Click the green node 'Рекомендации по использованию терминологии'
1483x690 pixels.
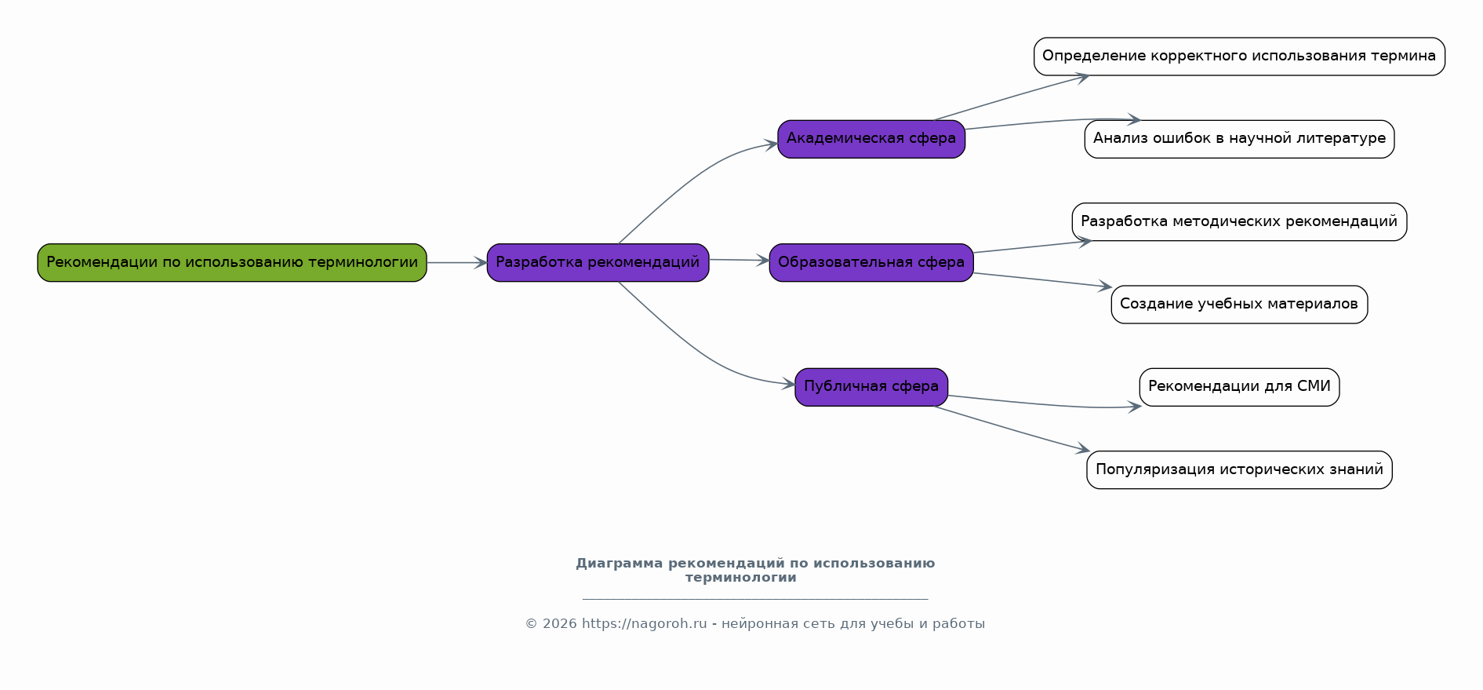coord(232,262)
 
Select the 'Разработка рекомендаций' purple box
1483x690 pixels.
coord(598,262)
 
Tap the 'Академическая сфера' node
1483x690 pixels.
coord(871,139)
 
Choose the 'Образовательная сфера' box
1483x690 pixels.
coord(871,262)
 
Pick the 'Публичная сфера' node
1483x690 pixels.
coord(871,387)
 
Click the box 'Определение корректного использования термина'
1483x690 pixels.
coord(1239,57)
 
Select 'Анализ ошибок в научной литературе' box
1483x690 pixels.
coord(1239,139)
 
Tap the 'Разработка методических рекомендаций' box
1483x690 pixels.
coord(1239,221)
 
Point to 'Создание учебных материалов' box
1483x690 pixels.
coord(1239,305)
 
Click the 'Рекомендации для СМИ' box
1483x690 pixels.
coord(1239,387)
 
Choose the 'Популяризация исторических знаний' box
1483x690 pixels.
coord(1239,469)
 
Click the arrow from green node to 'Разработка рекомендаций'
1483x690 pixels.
coord(456,263)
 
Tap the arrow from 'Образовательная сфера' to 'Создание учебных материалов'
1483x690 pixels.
coord(1043,280)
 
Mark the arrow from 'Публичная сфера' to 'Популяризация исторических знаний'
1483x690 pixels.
coord(1012,429)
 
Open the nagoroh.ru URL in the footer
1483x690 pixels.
coord(644,624)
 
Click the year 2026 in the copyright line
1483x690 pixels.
coord(559,624)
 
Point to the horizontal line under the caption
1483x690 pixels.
coord(755,599)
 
